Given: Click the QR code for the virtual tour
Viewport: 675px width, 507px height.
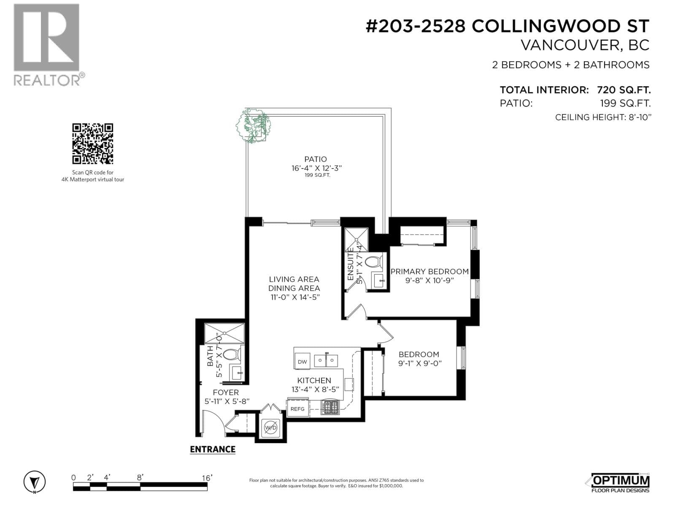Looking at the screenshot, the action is pyautogui.click(x=92, y=144).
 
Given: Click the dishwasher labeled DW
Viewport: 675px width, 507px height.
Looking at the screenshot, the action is pyautogui.click(x=302, y=361).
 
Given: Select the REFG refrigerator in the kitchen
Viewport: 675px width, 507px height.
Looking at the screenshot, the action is pyautogui.click(x=297, y=409).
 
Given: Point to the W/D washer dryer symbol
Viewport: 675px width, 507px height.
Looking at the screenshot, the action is pyautogui.click(x=270, y=428).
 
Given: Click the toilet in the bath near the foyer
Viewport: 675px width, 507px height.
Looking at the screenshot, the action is pyautogui.click(x=232, y=354).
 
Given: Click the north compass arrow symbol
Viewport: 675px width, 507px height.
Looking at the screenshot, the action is pyautogui.click(x=35, y=482).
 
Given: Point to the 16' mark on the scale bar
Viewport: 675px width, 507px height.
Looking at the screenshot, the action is pyautogui.click(x=207, y=478).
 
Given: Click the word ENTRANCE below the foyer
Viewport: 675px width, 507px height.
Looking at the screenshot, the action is pyautogui.click(x=213, y=450).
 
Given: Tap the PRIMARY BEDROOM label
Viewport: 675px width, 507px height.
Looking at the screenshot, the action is pyautogui.click(x=429, y=272).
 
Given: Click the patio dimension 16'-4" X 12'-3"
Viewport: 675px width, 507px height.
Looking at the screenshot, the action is pyautogui.click(x=316, y=168).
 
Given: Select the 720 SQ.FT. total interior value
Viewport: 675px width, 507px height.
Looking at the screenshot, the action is pyautogui.click(x=624, y=90).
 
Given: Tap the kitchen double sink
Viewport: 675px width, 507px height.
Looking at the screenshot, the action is pyautogui.click(x=326, y=360).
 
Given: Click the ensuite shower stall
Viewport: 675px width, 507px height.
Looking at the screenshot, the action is pyautogui.click(x=356, y=240).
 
